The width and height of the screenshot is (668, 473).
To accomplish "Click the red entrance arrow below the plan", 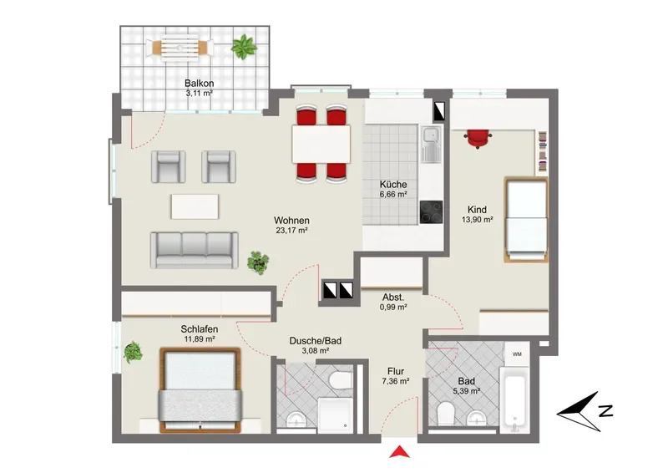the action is pyautogui.click(x=400, y=451).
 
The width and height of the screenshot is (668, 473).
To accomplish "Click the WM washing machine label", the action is pyautogui.click(x=517, y=354).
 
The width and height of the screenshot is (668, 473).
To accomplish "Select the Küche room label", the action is pyautogui.click(x=393, y=185).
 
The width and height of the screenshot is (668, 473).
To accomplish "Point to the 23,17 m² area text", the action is pyautogui.click(x=291, y=231).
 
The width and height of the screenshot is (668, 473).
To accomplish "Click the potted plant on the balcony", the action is pyautogui.click(x=244, y=47).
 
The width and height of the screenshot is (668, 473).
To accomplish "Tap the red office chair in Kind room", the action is pyautogui.click(x=478, y=139).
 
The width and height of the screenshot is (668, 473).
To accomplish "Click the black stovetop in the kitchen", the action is pyautogui.click(x=431, y=212).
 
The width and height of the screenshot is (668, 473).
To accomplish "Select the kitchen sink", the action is pyautogui.click(x=432, y=145).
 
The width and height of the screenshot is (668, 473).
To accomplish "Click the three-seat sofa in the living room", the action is pyautogui.click(x=194, y=251).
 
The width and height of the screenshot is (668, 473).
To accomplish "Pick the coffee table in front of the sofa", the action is pyautogui.click(x=195, y=206).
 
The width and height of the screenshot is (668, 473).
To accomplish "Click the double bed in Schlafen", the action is pyautogui.click(x=200, y=390).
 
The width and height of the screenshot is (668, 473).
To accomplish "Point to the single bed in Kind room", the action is pyautogui.click(x=526, y=219).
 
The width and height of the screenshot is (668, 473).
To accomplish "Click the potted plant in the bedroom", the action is pyautogui.click(x=133, y=353).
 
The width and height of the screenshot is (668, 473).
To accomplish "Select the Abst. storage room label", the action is pyautogui.click(x=393, y=298).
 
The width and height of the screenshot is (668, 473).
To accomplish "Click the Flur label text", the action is pyautogui.click(x=396, y=372).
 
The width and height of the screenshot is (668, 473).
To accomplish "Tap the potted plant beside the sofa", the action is pyautogui.click(x=258, y=262).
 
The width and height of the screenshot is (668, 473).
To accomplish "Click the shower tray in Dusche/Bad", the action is pyautogui.click(x=336, y=414).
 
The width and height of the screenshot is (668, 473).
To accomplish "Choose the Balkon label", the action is pyautogui.click(x=199, y=84).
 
